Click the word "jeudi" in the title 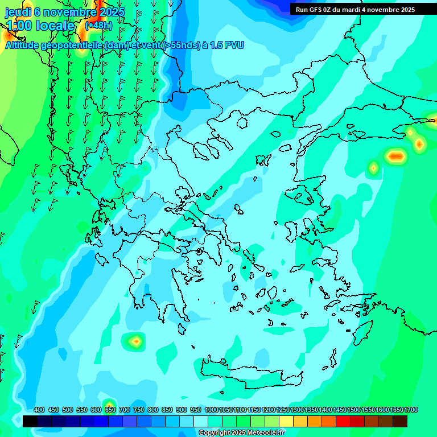coord(18,12)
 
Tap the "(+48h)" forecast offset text coord(98,26)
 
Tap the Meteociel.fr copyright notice coord(241,433)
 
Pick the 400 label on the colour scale coord(39,410)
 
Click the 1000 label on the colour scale coord(212,410)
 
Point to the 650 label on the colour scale coord(110,410)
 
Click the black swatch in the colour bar coord(30,421)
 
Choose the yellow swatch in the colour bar coord(286,421)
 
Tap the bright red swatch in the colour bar coord(343,421)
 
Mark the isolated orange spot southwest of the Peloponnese coord(135,341)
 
